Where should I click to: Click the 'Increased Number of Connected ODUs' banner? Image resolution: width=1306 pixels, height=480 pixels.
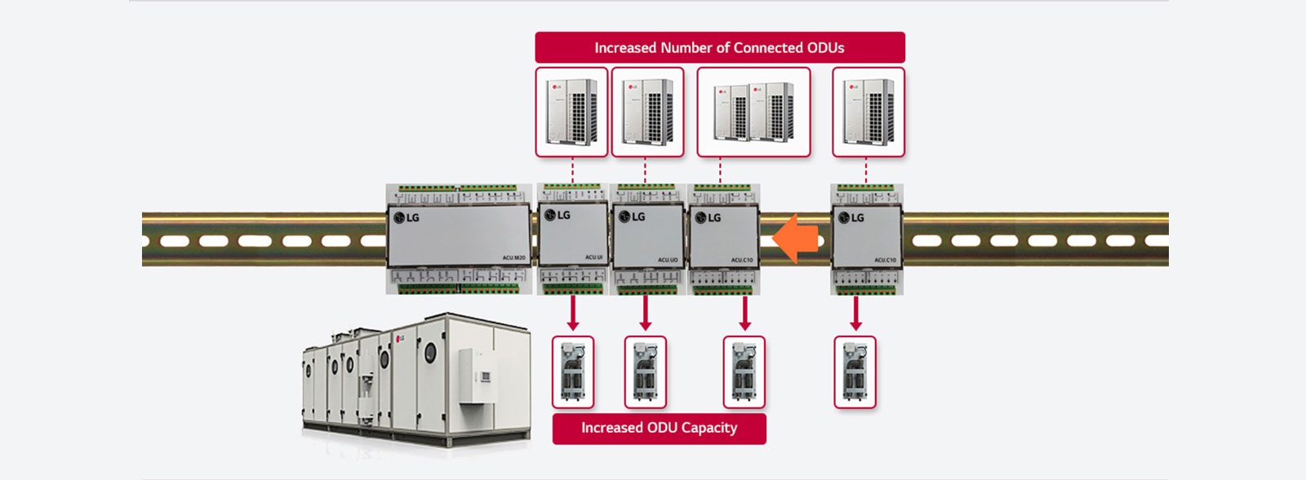point(719,47)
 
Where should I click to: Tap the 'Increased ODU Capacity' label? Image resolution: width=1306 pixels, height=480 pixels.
point(659,428)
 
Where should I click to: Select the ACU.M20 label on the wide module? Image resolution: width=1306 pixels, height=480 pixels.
point(513,258)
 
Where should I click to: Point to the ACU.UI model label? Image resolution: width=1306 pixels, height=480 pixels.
point(593,258)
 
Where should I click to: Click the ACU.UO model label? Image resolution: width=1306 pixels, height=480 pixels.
point(668,260)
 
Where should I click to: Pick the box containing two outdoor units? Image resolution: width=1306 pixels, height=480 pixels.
point(753,112)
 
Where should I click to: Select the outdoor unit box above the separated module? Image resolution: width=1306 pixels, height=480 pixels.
point(868,112)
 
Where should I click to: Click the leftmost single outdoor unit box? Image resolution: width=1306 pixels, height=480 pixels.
point(571,112)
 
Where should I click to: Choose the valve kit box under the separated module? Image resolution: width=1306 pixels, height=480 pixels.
point(855,372)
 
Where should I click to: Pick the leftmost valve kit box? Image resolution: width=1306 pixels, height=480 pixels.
point(573,372)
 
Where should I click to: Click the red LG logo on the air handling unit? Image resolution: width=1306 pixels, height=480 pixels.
point(400,339)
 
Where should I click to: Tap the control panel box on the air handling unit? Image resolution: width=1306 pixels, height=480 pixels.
point(476,376)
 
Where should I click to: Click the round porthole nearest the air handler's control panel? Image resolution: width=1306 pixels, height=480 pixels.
point(430,353)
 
